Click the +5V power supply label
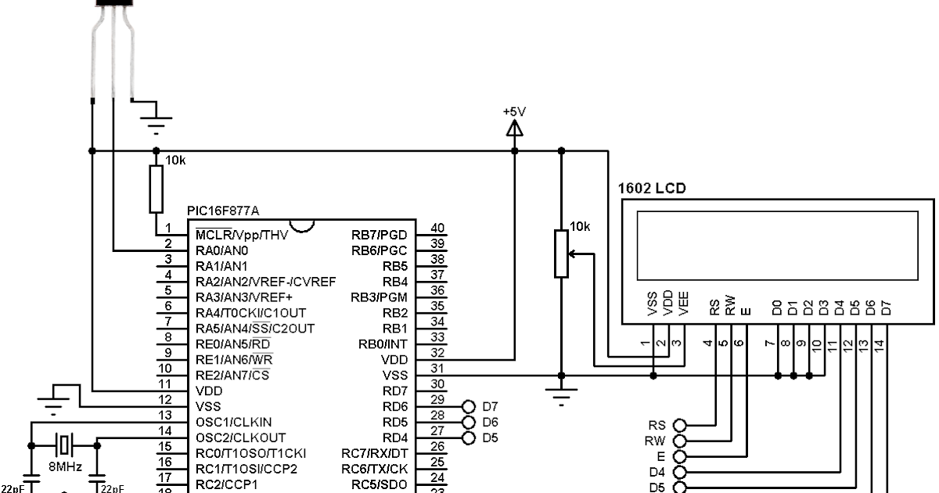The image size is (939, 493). click(x=514, y=111)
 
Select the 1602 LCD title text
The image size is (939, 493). click(x=651, y=189)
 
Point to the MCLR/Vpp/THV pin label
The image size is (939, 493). click(x=242, y=235)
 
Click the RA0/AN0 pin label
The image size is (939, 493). click(x=221, y=250)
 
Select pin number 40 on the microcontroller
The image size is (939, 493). click(x=438, y=229)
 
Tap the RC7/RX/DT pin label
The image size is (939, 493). click(x=374, y=452)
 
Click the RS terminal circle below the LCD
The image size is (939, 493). click(x=679, y=425)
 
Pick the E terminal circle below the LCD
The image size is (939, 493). click(x=679, y=456)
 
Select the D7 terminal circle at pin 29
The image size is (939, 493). click(x=469, y=406)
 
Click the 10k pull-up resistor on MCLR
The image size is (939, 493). click(x=156, y=189)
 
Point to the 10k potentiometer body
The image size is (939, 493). click(x=561, y=254)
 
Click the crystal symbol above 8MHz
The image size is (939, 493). click(x=63, y=445)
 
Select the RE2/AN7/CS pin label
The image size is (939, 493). click(x=232, y=375)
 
